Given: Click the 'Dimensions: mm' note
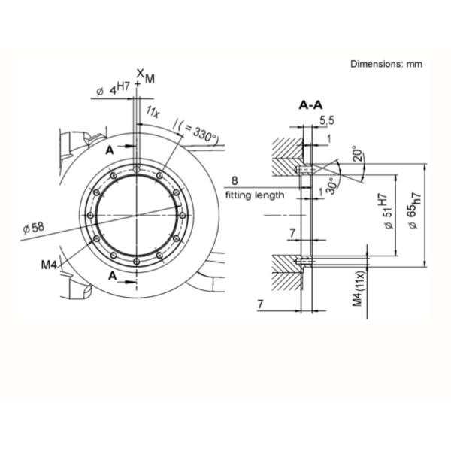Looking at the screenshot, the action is point(386,64).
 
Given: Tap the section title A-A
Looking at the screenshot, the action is point(310,105).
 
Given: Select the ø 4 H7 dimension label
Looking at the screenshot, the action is point(113,89).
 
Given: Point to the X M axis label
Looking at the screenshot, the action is point(146,76).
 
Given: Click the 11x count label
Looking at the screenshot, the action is point(153,111).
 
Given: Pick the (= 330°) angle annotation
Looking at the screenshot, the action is point(198,132).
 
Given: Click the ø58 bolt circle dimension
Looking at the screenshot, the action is point(34,228).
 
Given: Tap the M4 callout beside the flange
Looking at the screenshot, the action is point(50,265).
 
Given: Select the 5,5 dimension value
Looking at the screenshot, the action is point(327,120).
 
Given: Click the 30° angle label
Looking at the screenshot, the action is point(331,186).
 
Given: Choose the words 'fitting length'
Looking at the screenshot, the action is point(255,195).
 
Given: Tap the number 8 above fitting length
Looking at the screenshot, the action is point(235,181).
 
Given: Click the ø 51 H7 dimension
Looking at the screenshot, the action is point(386,212).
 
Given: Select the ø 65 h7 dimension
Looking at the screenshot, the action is point(414,210).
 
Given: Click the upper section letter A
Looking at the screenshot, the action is point(110,150).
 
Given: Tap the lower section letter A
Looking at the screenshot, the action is point(113,276).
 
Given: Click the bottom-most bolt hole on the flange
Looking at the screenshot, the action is point(137,262).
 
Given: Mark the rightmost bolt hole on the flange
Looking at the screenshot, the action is point(183,216).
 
